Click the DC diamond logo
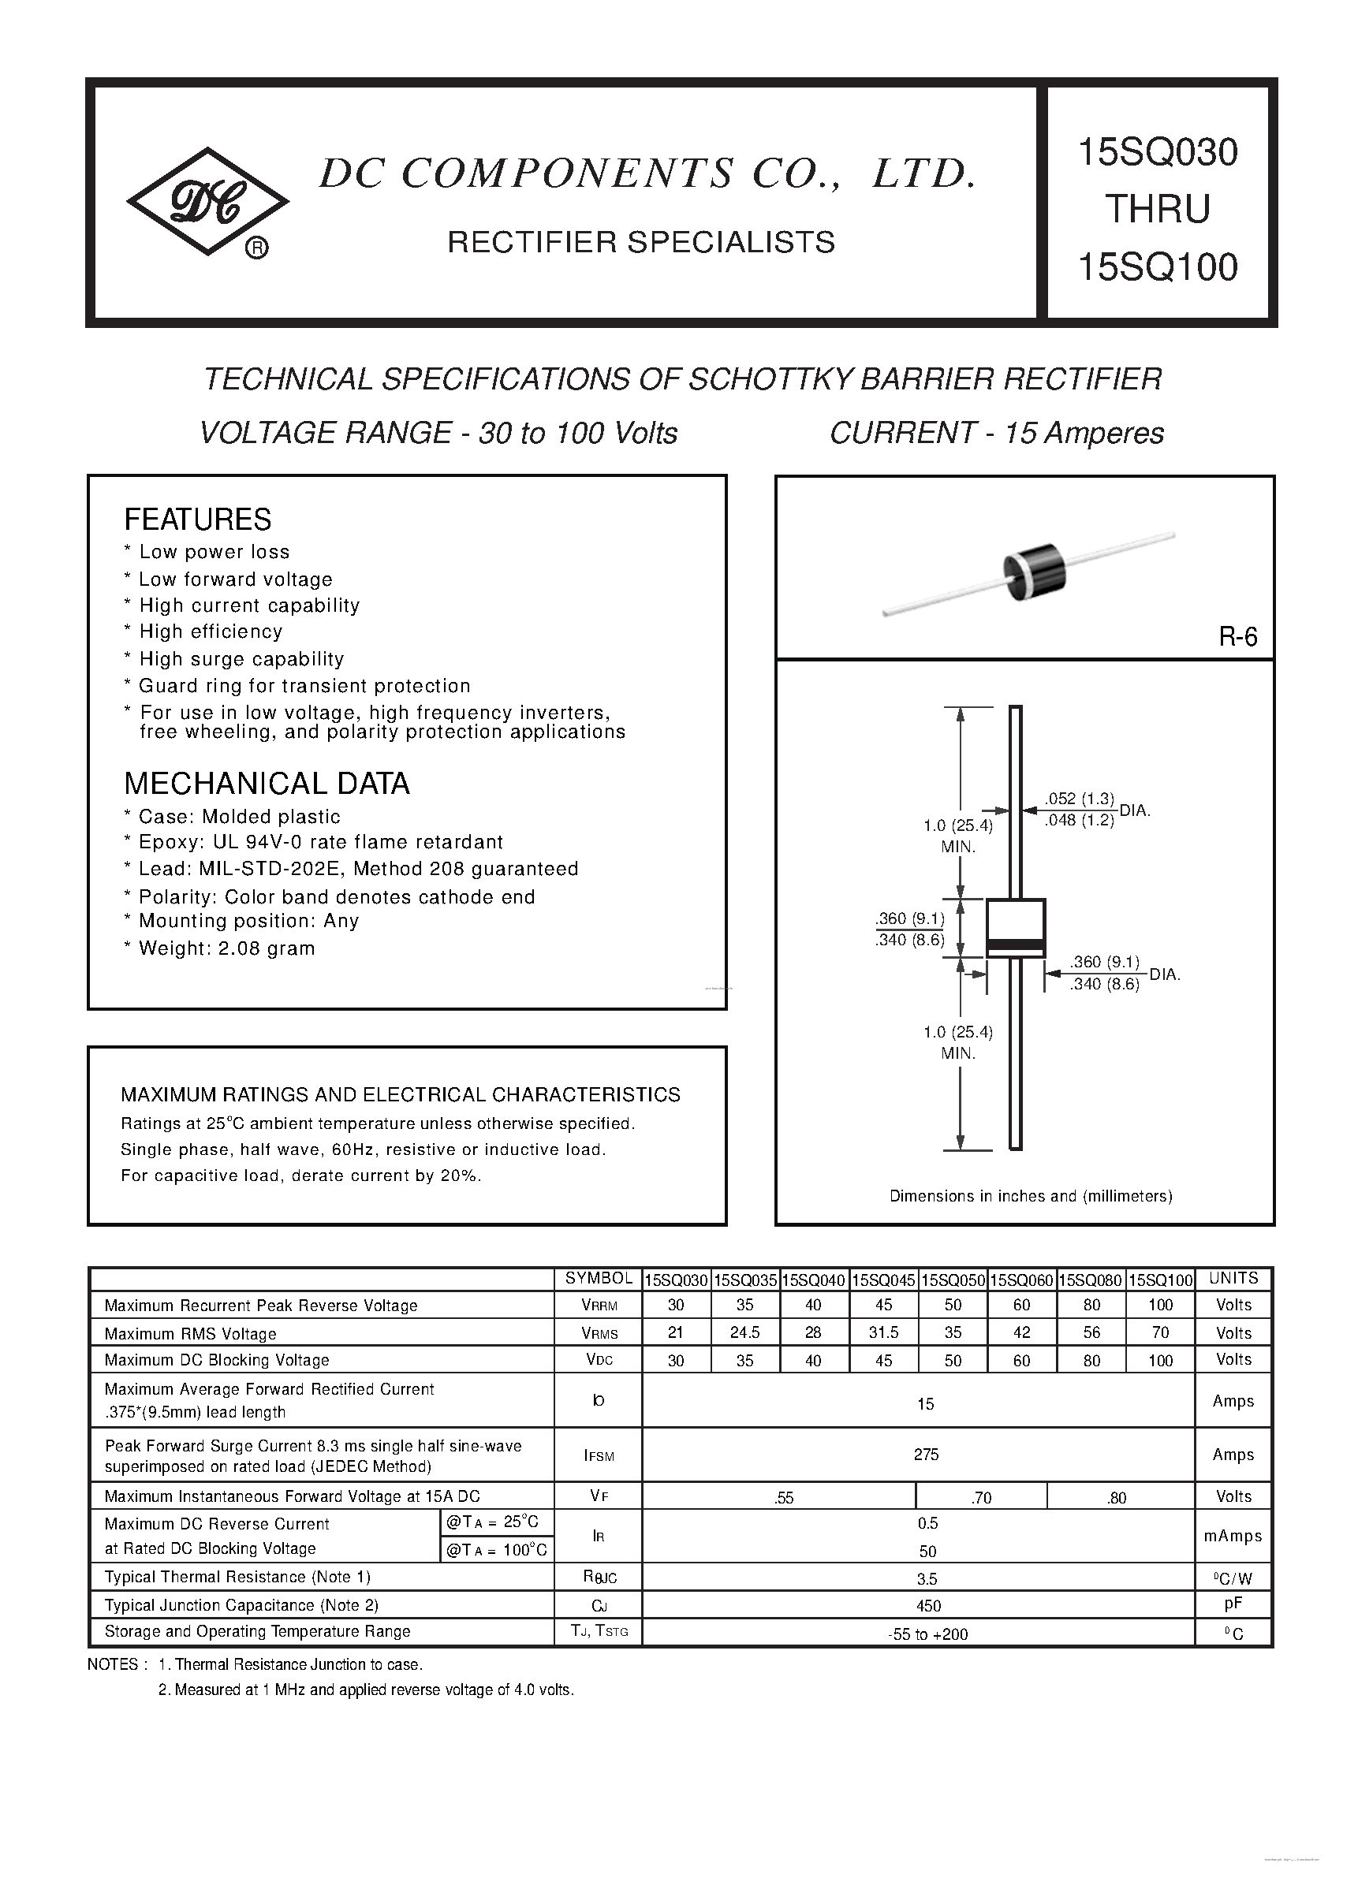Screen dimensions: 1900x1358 pyautogui.click(x=207, y=202)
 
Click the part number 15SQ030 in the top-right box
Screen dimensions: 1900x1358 pyautogui.click(x=1158, y=152)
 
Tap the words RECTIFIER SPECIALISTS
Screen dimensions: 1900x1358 pyautogui.click(x=640, y=242)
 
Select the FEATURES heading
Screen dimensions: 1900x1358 pyautogui.click(x=197, y=519)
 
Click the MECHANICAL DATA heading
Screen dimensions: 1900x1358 pyautogui.click(x=267, y=783)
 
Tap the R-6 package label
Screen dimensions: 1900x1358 pyautogui.click(x=1237, y=637)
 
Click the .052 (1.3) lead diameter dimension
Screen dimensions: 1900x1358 pyautogui.click(x=1079, y=799)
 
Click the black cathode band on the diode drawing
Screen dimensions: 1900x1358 pyautogui.click(x=1015, y=946)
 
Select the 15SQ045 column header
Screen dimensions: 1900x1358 pyautogui.click(x=883, y=1280)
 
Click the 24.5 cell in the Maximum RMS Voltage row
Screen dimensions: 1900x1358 pyautogui.click(x=744, y=1332)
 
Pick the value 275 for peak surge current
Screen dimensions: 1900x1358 pyautogui.click(x=926, y=1455)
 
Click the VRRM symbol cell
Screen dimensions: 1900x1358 pyautogui.click(x=599, y=1306)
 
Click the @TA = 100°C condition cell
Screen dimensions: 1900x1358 pyautogui.click(x=497, y=1550)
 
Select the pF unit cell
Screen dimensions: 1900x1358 pyautogui.click(x=1233, y=1604)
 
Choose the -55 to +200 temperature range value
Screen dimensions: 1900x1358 pyautogui.click(x=927, y=1634)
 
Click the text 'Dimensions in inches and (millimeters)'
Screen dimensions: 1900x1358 pyautogui.click(x=1030, y=1196)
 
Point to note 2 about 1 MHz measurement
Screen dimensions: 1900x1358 pyautogui.click(x=365, y=1690)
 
